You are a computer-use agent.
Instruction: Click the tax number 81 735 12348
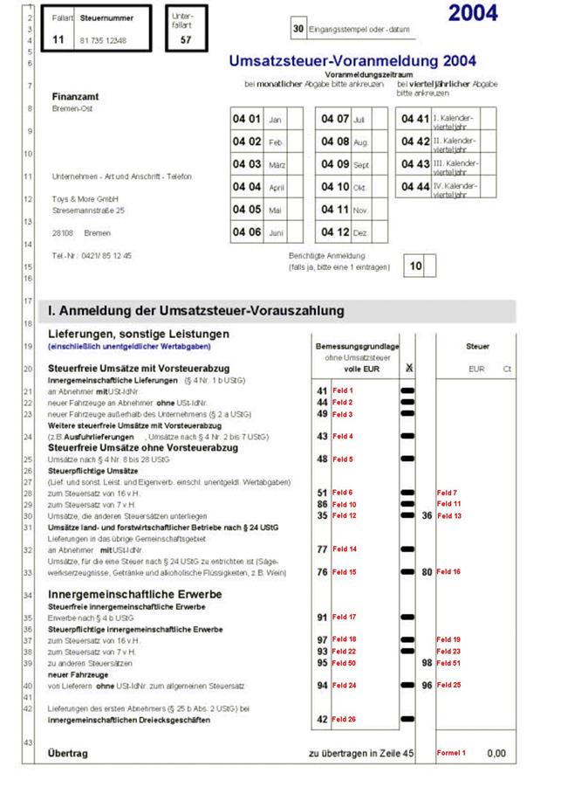point(102,41)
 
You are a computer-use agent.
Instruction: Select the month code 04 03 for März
point(246,163)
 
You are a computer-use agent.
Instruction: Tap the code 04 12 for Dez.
point(335,232)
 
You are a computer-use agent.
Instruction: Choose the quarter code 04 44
point(415,187)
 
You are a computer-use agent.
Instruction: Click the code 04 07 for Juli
point(335,118)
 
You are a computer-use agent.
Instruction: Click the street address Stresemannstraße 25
point(88,211)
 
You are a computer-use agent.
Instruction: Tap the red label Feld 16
point(448,571)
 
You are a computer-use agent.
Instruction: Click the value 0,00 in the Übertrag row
point(496,752)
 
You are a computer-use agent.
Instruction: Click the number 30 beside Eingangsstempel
point(298,29)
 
